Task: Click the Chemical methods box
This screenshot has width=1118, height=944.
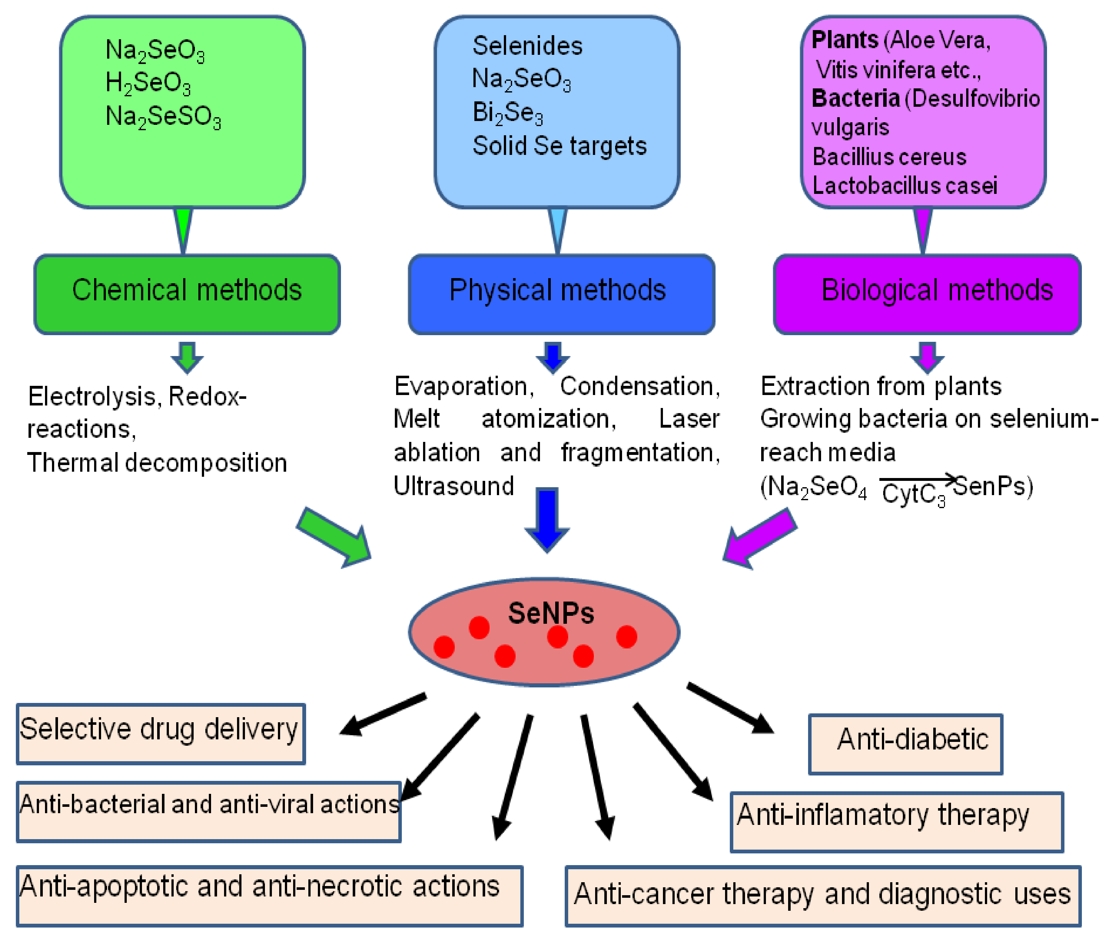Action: coord(187,294)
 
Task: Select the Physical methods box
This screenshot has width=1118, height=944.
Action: coord(561,294)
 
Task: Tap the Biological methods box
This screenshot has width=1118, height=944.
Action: coord(927,294)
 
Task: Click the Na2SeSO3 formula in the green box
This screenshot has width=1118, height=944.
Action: coord(163,117)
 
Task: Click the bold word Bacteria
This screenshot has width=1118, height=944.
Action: coord(855,99)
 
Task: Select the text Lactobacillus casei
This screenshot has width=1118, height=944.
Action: coord(904,186)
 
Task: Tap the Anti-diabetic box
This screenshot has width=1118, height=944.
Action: coord(905,744)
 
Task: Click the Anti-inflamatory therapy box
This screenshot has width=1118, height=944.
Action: coord(896,822)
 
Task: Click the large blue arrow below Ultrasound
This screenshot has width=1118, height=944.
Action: coord(547,518)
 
